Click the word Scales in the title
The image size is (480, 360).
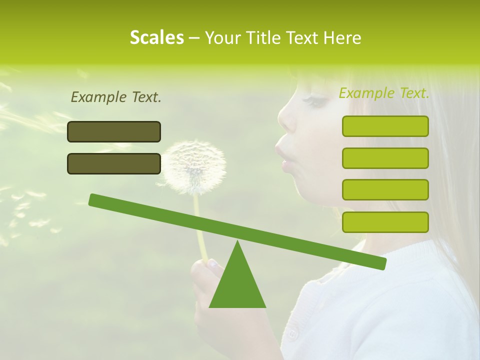pyautogui.click(x=156, y=37)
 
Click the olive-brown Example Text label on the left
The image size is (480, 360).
pyautogui.click(x=116, y=97)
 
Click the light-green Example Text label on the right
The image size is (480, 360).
pyautogui.click(x=384, y=93)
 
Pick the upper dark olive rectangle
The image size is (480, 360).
pyautogui.click(x=114, y=131)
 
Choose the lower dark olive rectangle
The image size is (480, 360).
pyautogui.click(x=114, y=163)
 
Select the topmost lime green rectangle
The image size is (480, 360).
pyautogui.click(x=385, y=126)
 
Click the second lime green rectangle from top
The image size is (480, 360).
pyautogui.click(x=385, y=158)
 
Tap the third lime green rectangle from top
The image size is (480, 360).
pyautogui.click(x=385, y=190)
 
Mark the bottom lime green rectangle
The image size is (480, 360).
pyautogui.click(x=385, y=222)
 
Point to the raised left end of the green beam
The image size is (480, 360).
pyautogui.click(x=95, y=200)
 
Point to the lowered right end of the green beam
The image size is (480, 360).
pyautogui.click(x=380, y=263)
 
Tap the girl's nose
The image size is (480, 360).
pyautogui.click(x=286, y=120)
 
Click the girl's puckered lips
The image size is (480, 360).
pyautogui.click(x=281, y=155)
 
